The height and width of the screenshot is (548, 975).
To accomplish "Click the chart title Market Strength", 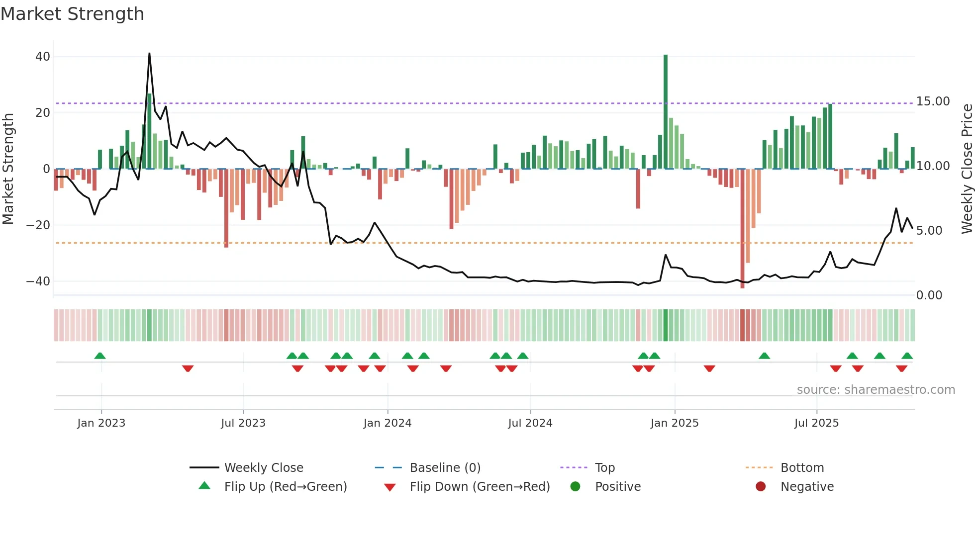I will pos(72,14).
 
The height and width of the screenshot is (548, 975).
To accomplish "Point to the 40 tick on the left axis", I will pos(43,57).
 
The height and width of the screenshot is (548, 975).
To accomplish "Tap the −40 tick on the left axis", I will pos(38,281).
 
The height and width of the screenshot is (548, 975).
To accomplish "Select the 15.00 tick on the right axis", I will pos(933,101).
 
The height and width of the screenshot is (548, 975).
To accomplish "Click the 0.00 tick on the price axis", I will pos(929,295).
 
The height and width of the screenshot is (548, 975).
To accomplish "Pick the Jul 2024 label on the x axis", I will pos(530,423).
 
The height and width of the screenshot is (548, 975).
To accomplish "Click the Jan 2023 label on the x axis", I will pos(101,423).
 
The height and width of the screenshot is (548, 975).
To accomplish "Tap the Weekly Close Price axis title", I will pos(967,169).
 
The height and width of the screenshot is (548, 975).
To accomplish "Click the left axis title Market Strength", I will pos(8,169).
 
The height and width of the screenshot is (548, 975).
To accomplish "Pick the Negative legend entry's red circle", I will pos(760,487).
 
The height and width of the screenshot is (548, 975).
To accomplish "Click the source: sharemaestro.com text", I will pos(876,390).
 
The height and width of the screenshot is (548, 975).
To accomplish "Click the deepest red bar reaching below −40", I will pos(742,229).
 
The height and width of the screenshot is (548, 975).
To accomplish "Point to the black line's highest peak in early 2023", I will pos(149,54).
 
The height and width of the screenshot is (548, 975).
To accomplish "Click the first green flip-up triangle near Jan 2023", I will pos(100,356).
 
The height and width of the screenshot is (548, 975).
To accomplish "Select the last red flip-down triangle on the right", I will pos(901,368).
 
